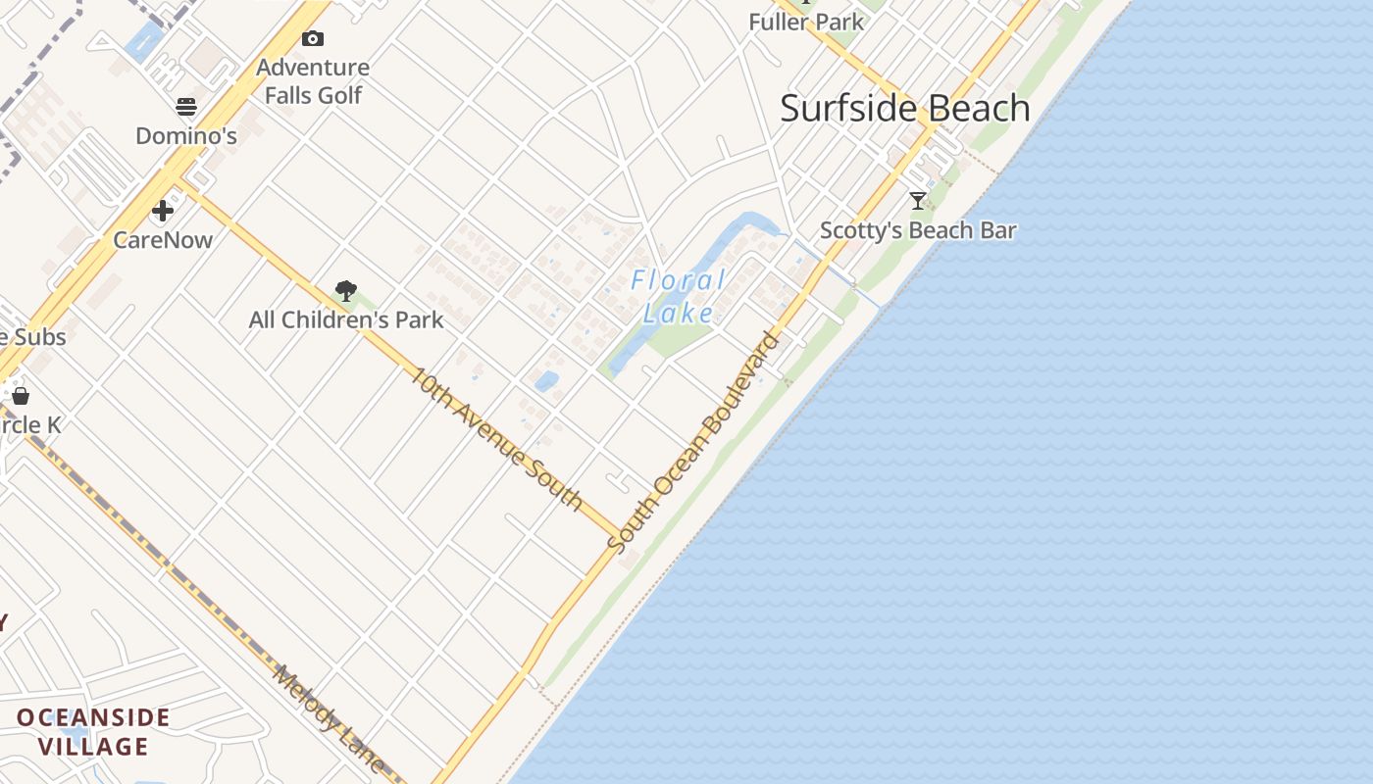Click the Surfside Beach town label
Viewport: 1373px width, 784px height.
(904, 109)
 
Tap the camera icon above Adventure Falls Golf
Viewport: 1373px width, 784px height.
(313, 39)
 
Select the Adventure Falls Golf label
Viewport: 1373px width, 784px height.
(313, 81)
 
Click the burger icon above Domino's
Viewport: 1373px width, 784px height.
(186, 107)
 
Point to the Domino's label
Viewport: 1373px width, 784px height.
(186, 136)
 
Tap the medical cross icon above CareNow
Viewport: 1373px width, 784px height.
(163, 211)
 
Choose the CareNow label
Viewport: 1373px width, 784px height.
(163, 240)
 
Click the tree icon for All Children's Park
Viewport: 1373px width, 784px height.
(345, 290)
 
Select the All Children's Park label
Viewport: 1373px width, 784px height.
(345, 320)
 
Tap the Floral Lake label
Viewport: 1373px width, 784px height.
(679, 297)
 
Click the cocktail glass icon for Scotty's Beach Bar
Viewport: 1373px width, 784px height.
(918, 201)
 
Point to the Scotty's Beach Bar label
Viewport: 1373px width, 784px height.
(918, 231)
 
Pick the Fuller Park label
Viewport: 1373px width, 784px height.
(806, 22)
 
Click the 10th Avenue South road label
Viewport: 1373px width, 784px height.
(496, 437)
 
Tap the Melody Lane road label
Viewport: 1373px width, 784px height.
(329, 718)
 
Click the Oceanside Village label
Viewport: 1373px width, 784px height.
(93, 732)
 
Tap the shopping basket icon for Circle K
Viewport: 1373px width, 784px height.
(20, 396)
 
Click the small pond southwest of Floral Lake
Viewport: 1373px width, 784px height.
(546, 380)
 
